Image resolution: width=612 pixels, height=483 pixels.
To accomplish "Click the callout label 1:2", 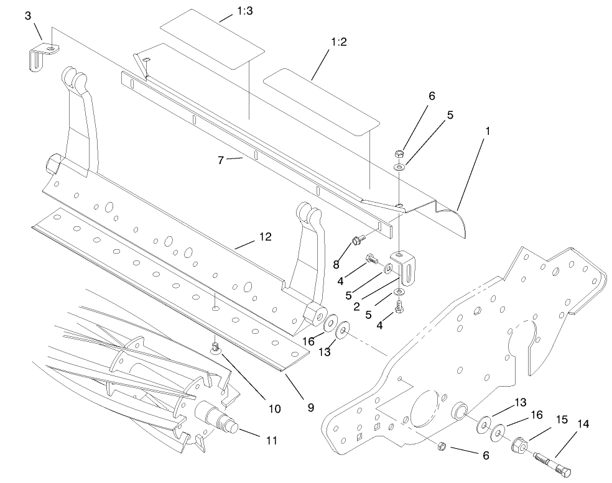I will coord(339,42).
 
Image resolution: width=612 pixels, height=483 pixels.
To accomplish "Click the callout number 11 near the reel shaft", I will coord(271,440).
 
